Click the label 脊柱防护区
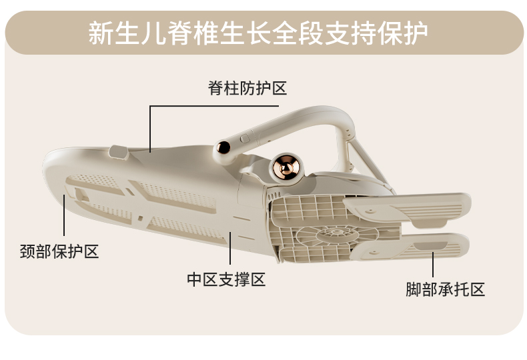pos(247,87)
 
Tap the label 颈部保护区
pos(59,251)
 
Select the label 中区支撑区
pos(226,279)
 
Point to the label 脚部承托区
pos(445,289)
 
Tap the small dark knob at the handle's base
pos(223,147)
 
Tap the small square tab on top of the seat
pos(119,153)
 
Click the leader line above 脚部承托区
pos(433,265)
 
